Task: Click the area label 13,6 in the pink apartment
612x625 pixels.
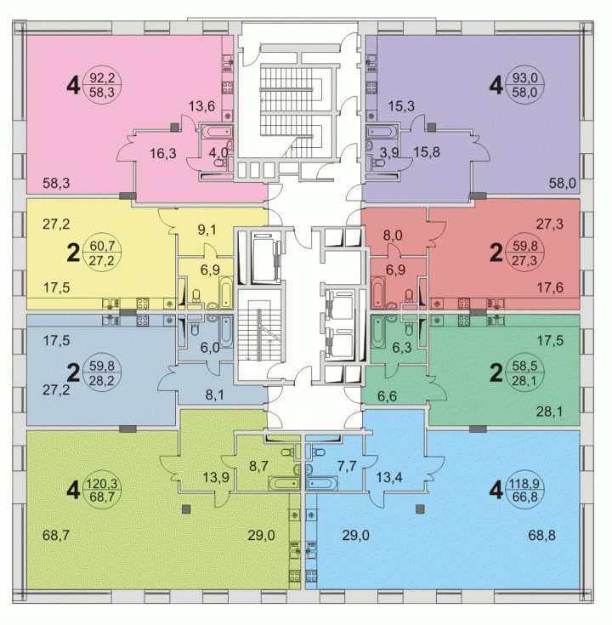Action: (x=201, y=106)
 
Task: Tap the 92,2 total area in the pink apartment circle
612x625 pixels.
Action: (x=102, y=77)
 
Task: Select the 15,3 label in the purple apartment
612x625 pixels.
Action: (x=401, y=106)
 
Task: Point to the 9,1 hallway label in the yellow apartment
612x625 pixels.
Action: (x=207, y=230)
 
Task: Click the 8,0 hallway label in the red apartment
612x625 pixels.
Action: (x=393, y=236)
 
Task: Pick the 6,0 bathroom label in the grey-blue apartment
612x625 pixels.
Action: (x=210, y=348)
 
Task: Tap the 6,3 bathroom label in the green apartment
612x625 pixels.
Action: (x=401, y=348)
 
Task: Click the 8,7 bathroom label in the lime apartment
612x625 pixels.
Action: (x=258, y=466)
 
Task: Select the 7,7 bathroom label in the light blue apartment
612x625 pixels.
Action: (x=347, y=466)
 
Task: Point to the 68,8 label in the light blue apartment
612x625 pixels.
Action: (x=542, y=536)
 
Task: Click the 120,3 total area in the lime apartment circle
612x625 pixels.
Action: (x=102, y=484)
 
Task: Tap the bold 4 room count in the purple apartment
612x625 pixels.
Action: (x=496, y=85)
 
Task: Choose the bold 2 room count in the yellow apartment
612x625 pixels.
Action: (x=73, y=253)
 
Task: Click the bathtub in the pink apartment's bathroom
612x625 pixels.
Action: (x=217, y=132)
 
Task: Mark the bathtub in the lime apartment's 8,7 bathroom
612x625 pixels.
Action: (x=284, y=484)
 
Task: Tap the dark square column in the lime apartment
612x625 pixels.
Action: (x=186, y=509)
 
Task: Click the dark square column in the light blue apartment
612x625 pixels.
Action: (x=420, y=509)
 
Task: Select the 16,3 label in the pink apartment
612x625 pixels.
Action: (x=163, y=153)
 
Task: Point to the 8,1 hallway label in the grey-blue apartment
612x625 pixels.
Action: (x=215, y=395)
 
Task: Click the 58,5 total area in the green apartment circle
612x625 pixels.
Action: (x=525, y=366)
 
